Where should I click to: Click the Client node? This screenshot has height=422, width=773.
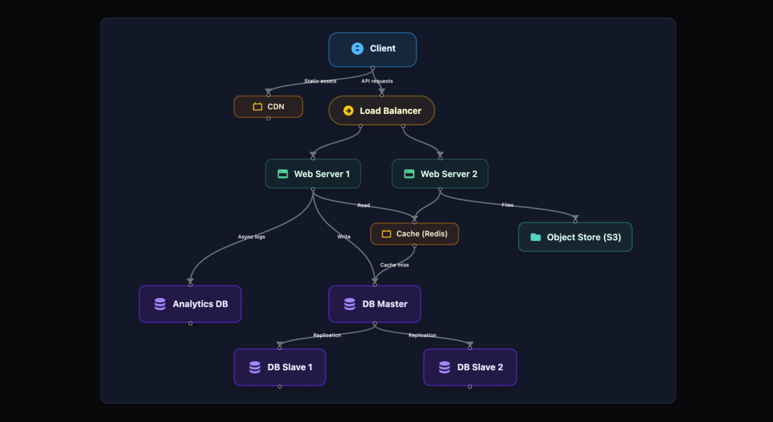(x=372, y=49)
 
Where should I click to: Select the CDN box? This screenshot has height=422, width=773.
(x=268, y=106)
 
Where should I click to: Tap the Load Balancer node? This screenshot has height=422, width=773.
(x=381, y=111)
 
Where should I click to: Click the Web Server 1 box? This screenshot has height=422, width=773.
(x=313, y=174)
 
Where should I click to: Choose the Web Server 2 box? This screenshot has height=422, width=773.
(x=440, y=174)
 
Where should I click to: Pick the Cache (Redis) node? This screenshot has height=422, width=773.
(x=414, y=234)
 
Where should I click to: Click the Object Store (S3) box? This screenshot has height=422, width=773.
(x=575, y=237)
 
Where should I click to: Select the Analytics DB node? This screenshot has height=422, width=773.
(x=190, y=304)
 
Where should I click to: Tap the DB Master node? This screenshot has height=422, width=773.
(x=374, y=304)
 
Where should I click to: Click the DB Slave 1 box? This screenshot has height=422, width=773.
(x=280, y=367)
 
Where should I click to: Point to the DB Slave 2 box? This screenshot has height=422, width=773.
(x=470, y=367)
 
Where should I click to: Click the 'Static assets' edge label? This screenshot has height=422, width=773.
(x=320, y=81)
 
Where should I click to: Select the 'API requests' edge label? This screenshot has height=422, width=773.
(x=377, y=81)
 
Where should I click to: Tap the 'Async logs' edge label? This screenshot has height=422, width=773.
(x=251, y=236)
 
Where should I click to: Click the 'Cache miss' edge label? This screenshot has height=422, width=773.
(x=394, y=265)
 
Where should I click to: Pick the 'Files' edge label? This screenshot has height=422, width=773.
(x=508, y=205)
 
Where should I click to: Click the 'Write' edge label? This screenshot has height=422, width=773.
(x=344, y=236)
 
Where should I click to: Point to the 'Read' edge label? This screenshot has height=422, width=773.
(x=364, y=205)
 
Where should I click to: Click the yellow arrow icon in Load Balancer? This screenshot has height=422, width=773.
(x=348, y=111)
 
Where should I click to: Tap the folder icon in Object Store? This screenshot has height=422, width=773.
(x=535, y=237)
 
